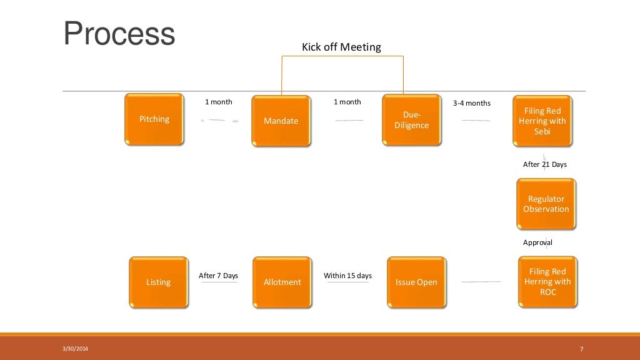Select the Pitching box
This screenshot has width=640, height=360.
coord(154,119)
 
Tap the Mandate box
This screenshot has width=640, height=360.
coord(281,121)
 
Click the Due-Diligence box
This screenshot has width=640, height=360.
coord(412,121)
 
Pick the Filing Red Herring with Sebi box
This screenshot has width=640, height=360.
coord(542,121)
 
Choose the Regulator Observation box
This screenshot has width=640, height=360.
coord(546,204)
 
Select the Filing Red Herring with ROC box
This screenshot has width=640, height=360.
coord(547,282)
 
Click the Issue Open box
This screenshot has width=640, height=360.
coord(416,282)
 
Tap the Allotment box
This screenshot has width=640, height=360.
coord(282,282)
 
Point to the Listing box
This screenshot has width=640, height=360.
coord(158,282)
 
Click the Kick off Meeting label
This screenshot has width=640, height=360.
coord(341,47)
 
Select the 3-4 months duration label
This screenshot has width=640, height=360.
coord(472,103)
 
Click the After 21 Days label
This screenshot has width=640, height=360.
coord(545,164)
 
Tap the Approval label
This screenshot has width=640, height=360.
coord(537,242)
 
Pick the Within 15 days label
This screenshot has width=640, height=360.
coord(347,276)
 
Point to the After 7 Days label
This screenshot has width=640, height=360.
coord(218,276)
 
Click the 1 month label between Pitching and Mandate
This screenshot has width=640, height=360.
coord(219,102)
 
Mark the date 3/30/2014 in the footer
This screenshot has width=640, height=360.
coord(76,349)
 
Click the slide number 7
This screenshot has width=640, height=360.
coord(581,349)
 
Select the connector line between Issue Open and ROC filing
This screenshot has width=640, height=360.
coord(481,282)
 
